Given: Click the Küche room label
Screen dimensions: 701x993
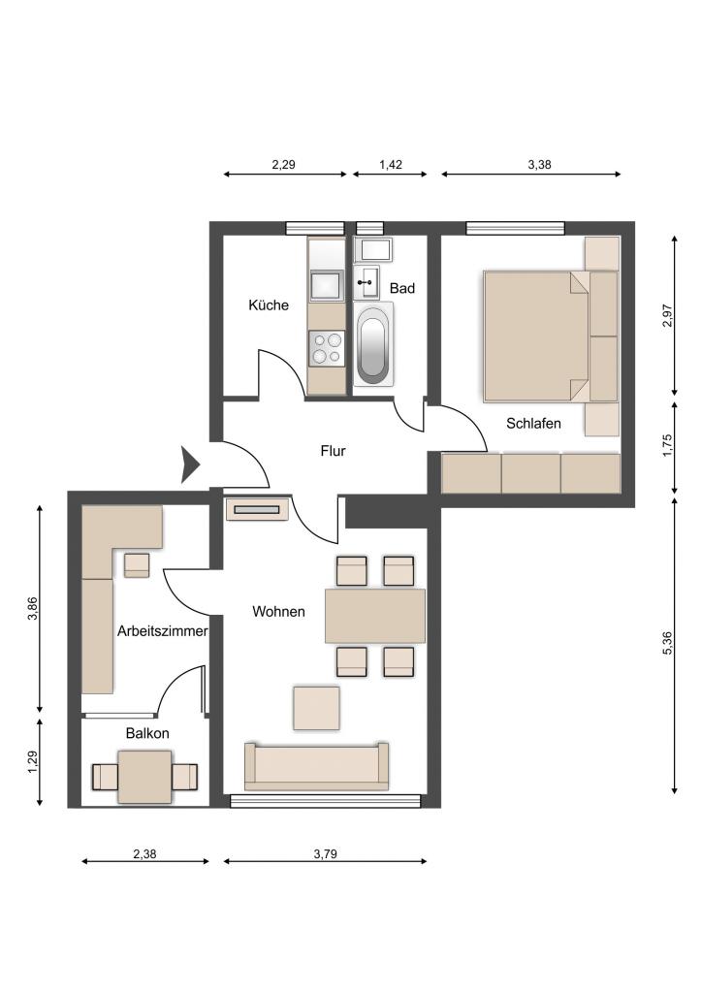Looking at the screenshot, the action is pos(269,305).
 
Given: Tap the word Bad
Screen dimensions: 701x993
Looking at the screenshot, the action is pos(402,288).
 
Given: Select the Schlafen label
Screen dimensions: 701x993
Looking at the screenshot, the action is pos(533,423).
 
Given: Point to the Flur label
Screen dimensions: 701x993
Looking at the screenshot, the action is pos(334,451).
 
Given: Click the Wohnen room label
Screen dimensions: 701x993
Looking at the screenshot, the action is pos(278,612).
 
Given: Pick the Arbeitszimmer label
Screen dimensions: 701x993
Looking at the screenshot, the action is pos(163,630).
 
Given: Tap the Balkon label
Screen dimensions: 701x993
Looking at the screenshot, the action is pos(147,733).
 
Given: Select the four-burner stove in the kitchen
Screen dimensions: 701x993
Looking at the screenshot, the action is pos(327,348).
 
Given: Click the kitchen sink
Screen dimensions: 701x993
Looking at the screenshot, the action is pos(327,284).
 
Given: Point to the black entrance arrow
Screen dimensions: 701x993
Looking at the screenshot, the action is pos(191,464).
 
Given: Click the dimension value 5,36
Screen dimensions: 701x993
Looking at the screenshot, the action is pos(667,644).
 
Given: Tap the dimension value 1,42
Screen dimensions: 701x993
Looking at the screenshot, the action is pos(391,165).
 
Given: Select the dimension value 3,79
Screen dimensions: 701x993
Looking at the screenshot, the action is pos(326,854).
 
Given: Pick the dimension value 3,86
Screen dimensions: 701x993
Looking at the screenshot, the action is pos(34,609).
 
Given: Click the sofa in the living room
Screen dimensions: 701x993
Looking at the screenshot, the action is pos(317,766).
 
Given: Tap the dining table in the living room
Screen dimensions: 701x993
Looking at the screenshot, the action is pos(375,616).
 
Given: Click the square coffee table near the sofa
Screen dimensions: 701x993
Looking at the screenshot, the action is pos(316,707).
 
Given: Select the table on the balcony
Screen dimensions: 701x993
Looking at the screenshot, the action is pos(145,777).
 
